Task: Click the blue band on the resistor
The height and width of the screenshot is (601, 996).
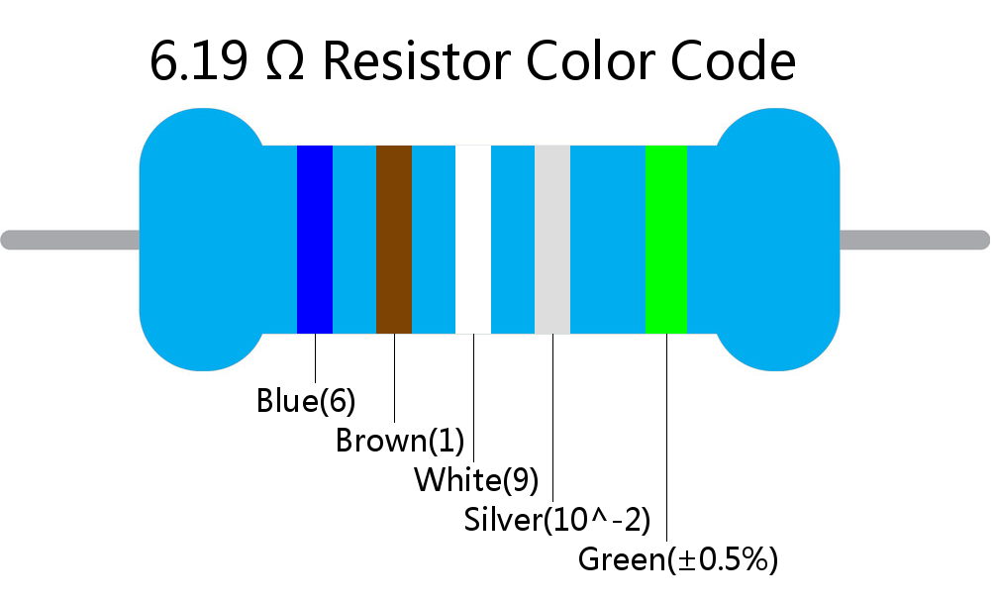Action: (x=315, y=240)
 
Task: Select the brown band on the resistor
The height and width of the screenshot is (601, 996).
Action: (x=394, y=240)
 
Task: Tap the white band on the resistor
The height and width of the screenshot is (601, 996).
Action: (x=473, y=240)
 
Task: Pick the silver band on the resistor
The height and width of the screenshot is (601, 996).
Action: (x=552, y=240)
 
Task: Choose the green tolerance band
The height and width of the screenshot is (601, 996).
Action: (x=666, y=240)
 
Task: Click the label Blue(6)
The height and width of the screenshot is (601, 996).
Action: (x=306, y=401)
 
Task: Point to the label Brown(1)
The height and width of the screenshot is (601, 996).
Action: (x=400, y=441)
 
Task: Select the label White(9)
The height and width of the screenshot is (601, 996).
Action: (x=476, y=479)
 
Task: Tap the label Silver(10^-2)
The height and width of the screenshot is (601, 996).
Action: (x=557, y=520)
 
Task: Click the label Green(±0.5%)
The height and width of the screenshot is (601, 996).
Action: (x=678, y=559)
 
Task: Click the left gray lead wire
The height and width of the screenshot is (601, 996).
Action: (x=70, y=241)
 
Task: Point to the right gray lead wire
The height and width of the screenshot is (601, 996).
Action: (x=915, y=241)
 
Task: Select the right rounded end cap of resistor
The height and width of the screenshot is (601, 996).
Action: (x=777, y=240)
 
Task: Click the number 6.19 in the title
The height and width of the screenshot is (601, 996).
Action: (x=199, y=61)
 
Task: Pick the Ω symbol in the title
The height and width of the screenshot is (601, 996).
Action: (x=285, y=61)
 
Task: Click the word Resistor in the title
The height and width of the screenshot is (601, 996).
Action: (x=418, y=61)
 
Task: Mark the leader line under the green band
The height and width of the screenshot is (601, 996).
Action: (x=666, y=437)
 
